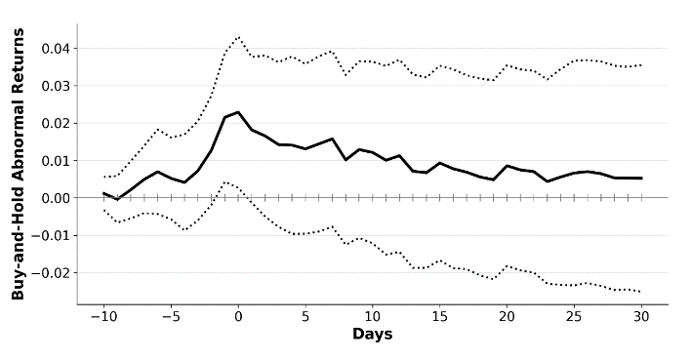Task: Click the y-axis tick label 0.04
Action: tap(56, 49)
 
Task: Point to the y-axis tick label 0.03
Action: tap(56, 86)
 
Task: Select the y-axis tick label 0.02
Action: tap(56, 123)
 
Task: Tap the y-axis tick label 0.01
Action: tap(56, 161)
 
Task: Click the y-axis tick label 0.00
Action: tap(56, 198)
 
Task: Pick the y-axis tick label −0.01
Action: tap(50, 235)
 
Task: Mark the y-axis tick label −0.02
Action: tap(50, 273)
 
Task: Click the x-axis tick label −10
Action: tap(103, 317)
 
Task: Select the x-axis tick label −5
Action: tap(171, 317)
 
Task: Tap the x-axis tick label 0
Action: tap(238, 317)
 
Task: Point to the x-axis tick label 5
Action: tap(305, 317)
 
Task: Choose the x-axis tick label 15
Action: tap(439, 317)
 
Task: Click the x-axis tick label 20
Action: tap(507, 317)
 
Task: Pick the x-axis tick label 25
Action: tap(574, 317)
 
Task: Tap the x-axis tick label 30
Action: tap(641, 317)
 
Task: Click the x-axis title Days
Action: tap(372, 334)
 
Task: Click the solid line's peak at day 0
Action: tap(238, 112)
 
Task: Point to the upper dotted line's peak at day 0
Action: tap(238, 37)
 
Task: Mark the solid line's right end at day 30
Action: tap(641, 178)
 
